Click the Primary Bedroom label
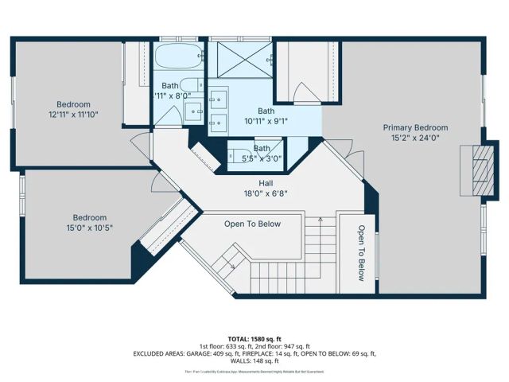[x=415, y=127]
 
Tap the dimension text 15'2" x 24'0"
[x=415, y=138]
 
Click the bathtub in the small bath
[x=179, y=57]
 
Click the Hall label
[x=255, y=182]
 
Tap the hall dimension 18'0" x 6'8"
[x=255, y=193]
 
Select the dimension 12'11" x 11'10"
[x=73, y=115]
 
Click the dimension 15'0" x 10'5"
[x=90, y=228]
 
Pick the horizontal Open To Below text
[x=252, y=224]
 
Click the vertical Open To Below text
[x=360, y=253]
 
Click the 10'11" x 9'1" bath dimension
[x=266, y=122]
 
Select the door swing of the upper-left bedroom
[x=140, y=144]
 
